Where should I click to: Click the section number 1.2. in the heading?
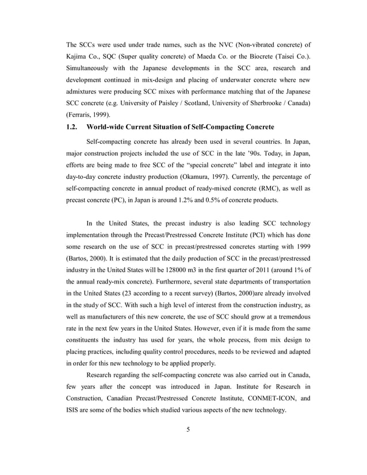pyautogui.click(x=73, y=127)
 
